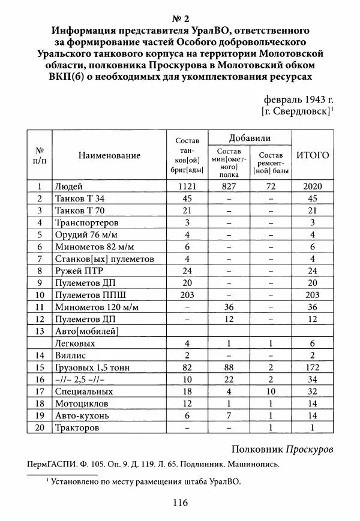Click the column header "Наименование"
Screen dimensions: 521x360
[109, 155]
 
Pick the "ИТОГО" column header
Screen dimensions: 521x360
[313, 155]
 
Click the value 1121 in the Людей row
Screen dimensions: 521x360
[187, 186]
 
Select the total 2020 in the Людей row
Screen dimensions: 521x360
[313, 186]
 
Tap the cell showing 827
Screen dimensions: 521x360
[229, 186]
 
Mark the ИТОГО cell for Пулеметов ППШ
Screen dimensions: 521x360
[313, 295]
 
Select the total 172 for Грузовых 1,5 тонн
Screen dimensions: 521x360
[313, 368]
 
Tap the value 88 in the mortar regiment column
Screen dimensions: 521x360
[229, 368]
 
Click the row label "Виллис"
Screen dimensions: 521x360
[69, 356]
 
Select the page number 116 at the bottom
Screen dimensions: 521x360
[179, 503]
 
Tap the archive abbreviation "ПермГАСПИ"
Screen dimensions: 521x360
[53, 464]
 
